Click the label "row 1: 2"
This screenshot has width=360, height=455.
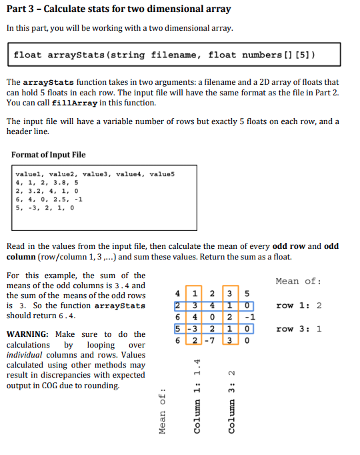[x=299, y=306]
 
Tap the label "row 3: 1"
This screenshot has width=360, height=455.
[x=299, y=329]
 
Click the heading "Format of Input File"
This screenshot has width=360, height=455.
[x=49, y=155]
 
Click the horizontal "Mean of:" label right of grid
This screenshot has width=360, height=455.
[x=298, y=281]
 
